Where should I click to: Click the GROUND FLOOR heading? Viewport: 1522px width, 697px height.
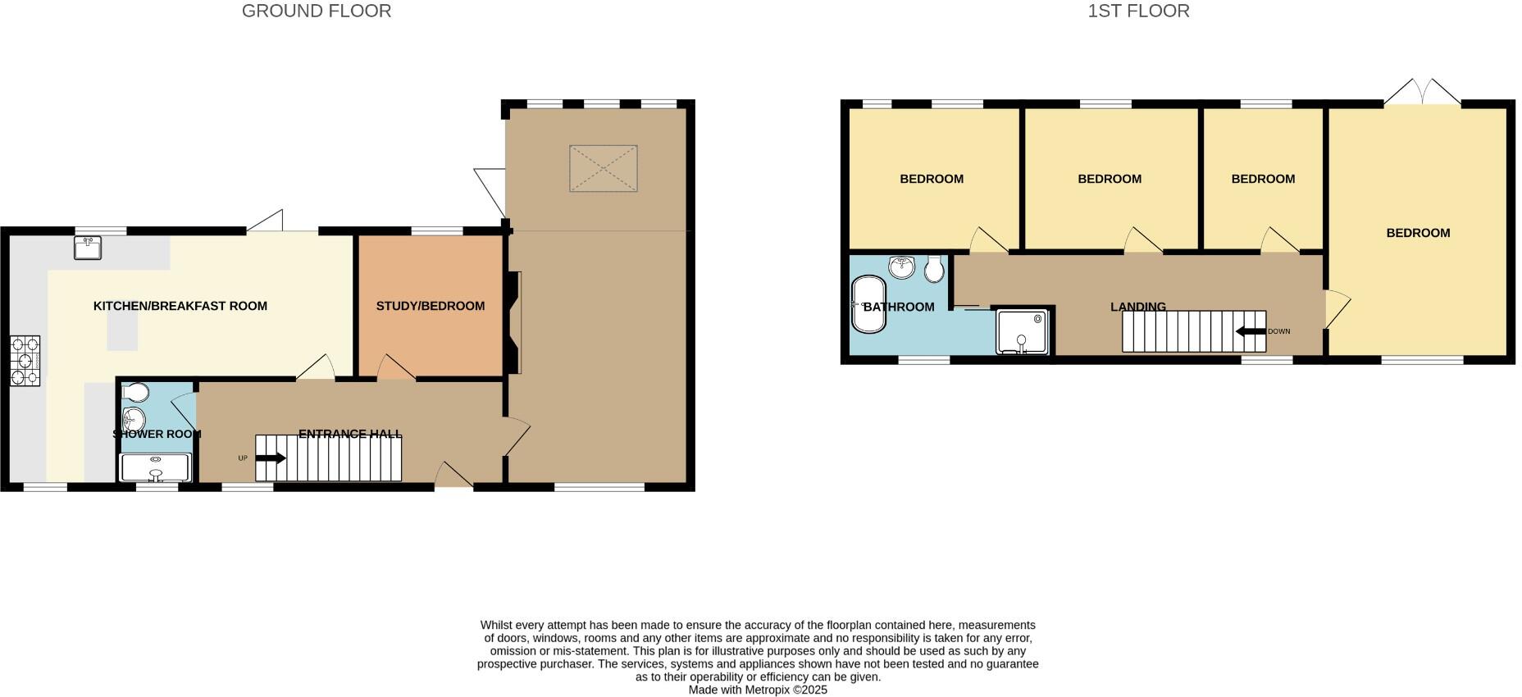316,11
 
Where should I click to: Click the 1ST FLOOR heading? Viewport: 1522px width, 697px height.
1137,11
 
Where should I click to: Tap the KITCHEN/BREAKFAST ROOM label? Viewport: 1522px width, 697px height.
180,306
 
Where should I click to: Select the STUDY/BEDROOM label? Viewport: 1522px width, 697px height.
431,306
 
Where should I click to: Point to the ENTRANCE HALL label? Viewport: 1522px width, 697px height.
350,434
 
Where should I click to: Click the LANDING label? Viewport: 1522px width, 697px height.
1137,307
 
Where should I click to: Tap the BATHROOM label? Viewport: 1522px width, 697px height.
899,307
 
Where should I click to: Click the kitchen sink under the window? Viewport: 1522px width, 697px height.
88,248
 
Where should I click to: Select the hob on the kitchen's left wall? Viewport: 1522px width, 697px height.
25,361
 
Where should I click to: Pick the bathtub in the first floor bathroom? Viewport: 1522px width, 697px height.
868,304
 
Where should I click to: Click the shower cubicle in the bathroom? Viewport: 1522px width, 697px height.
1023,331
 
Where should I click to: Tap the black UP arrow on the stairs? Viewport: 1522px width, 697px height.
271,458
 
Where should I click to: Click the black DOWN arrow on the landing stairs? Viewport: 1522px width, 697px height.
1251,331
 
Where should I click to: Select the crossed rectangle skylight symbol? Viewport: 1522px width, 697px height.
604,168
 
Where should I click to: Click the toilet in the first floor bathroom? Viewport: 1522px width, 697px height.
934,269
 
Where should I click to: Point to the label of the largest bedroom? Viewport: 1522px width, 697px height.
1418,233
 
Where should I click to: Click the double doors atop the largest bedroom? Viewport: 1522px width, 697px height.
1422,92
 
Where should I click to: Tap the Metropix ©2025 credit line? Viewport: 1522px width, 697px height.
758,690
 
